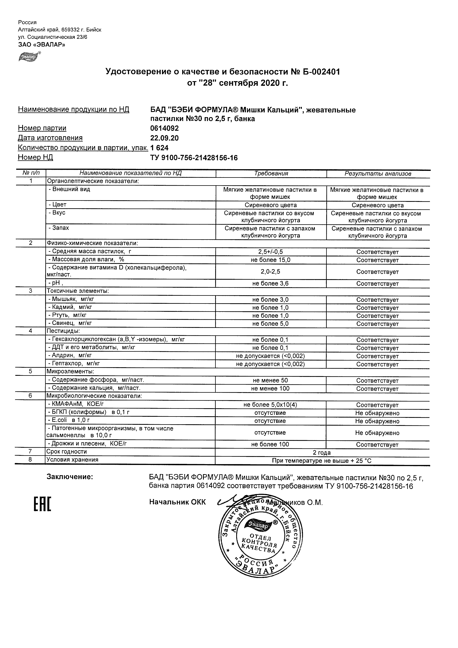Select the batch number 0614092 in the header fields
(x=164, y=128)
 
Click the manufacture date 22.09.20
(x=164, y=138)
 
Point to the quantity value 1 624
(x=159, y=148)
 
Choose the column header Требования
(x=271, y=174)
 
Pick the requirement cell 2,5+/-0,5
(x=270, y=252)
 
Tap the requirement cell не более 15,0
(x=270, y=260)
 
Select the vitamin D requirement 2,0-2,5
(x=270, y=271)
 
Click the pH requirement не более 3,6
(x=270, y=283)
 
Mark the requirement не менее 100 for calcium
(x=270, y=388)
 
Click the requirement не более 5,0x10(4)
(x=270, y=405)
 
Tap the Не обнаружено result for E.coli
(x=377, y=421)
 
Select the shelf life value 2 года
(x=322, y=453)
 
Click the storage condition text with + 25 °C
(x=322, y=461)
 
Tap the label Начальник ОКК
(x=177, y=502)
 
